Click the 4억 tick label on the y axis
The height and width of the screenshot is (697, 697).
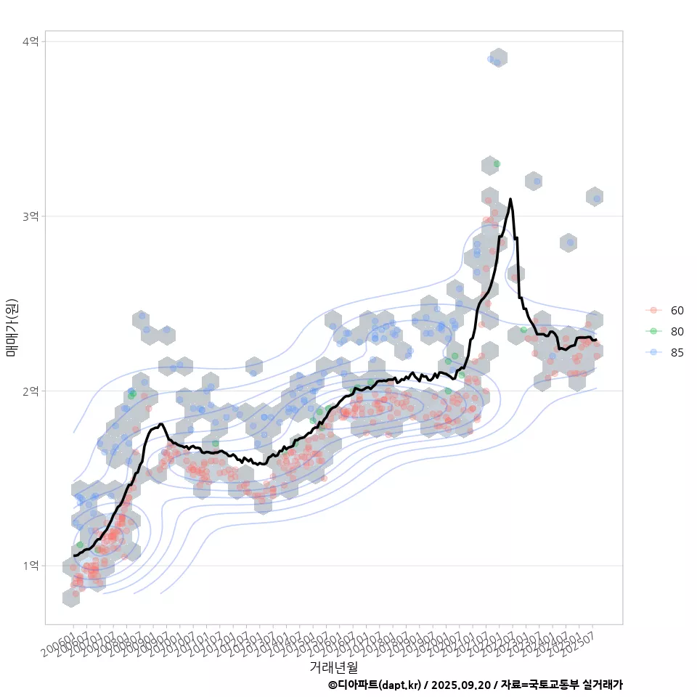[30, 42]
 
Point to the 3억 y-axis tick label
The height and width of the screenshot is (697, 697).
[30, 216]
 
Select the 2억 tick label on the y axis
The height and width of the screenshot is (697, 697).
[30, 391]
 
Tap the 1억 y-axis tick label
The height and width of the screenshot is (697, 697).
[30, 566]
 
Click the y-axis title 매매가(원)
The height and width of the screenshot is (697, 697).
[12, 327]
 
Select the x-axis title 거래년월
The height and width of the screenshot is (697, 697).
[333, 667]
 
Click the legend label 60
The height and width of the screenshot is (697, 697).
[677, 311]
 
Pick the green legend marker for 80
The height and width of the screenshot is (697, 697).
[653, 331]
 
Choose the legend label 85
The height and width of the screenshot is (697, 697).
[677, 352]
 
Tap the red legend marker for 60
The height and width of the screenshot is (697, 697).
[653, 311]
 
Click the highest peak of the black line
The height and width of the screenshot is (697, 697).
[510, 199]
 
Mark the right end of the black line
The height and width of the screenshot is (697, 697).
[596, 340]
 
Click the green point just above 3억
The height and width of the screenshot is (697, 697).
[497, 164]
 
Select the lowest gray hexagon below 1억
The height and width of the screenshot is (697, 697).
[71, 598]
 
